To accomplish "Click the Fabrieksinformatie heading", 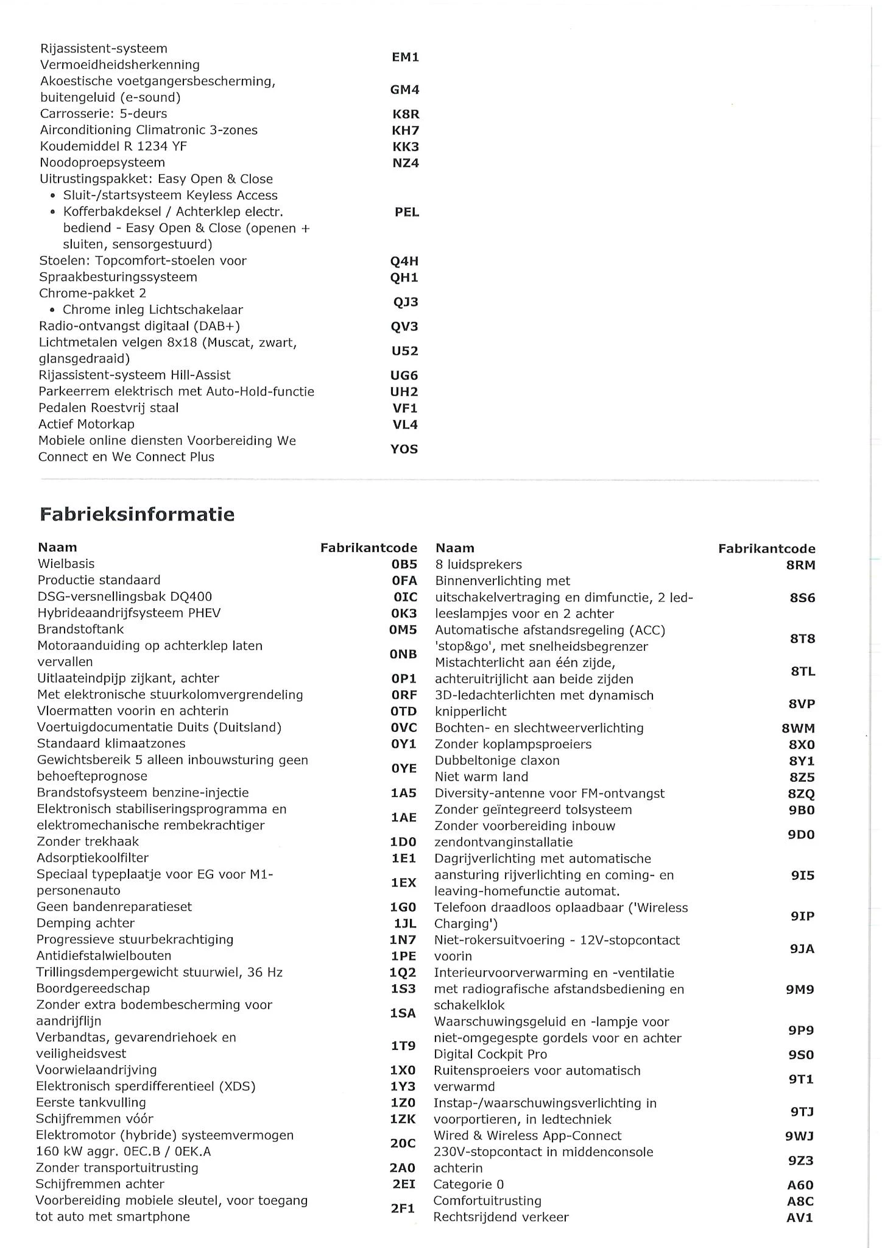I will [137, 514].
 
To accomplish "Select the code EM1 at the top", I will [405, 57].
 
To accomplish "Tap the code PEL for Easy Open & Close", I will [407, 212].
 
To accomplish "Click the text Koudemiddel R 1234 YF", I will [113, 146].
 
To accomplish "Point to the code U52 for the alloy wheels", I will [404, 351].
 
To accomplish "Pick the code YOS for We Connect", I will [404, 449].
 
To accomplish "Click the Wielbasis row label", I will [66, 564].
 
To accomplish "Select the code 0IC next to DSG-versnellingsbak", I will [404, 597].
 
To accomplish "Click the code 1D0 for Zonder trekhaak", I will [403, 842].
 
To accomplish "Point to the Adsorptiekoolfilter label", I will [93, 857].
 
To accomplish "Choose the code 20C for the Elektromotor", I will [403, 1144].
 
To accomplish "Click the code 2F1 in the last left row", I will [403, 1209].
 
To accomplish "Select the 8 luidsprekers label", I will [479, 565].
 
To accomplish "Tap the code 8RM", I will [800, 565].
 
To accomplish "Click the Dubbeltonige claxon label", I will [497, 760].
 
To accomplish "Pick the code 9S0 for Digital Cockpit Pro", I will [802, 1055].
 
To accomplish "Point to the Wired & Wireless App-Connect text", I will [527, 1136].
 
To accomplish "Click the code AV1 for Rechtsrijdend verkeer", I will [800, 1218].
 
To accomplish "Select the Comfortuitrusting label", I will [487, 1201].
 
